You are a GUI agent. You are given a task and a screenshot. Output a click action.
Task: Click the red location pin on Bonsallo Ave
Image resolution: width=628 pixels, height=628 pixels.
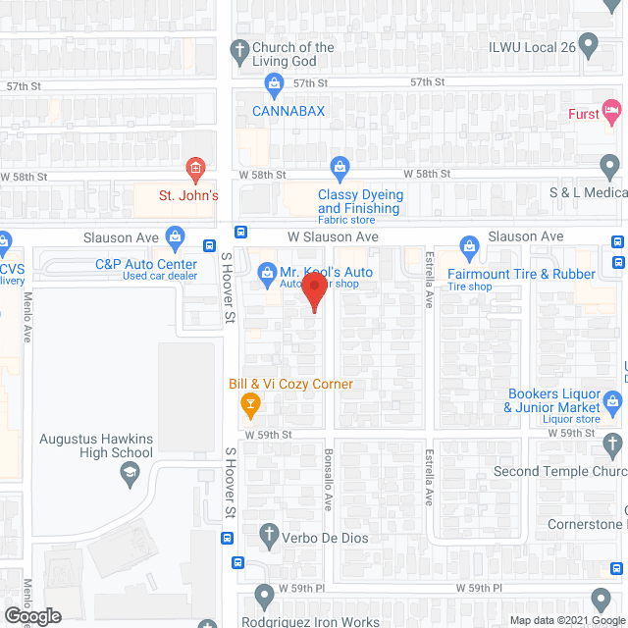pyautogui.click(x=313, y=291)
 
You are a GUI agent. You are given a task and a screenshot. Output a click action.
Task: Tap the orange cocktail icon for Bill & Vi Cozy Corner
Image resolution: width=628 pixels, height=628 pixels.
pyautogui.click(x=249, y=401)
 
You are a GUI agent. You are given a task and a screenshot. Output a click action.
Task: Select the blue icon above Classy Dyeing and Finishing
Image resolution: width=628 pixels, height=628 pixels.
pyautogui.click(x=340, y=167)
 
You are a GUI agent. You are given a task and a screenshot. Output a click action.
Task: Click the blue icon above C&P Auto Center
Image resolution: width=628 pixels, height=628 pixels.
pyautogui.click(x=175, y=236)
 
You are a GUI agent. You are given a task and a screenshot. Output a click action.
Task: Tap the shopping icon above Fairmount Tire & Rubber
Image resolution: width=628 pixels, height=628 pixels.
pyautogui.click(x=469, y=245)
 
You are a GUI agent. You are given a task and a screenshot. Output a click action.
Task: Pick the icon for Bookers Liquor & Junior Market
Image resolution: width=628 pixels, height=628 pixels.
pyautogui.click(x=612, y=399)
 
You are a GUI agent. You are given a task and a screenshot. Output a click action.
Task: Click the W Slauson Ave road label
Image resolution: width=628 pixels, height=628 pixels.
pyautogui.click(x=333, y=236)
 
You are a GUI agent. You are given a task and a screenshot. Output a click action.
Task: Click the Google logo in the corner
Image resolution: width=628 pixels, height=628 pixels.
pyautogui.click(x=31, y=615)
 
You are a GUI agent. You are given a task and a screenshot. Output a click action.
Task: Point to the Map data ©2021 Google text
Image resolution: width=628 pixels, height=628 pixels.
pyautogui.click(x=565, y=620)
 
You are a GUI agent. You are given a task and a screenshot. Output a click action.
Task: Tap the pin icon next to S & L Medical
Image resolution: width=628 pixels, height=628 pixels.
pyautogui.click(x=610, y=167)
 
